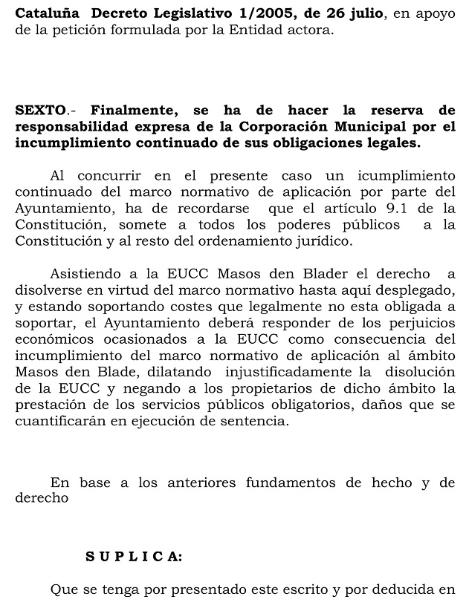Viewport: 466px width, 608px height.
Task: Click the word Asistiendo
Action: [x=84, y=274]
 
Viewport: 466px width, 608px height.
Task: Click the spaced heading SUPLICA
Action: [x=133, y=556]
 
